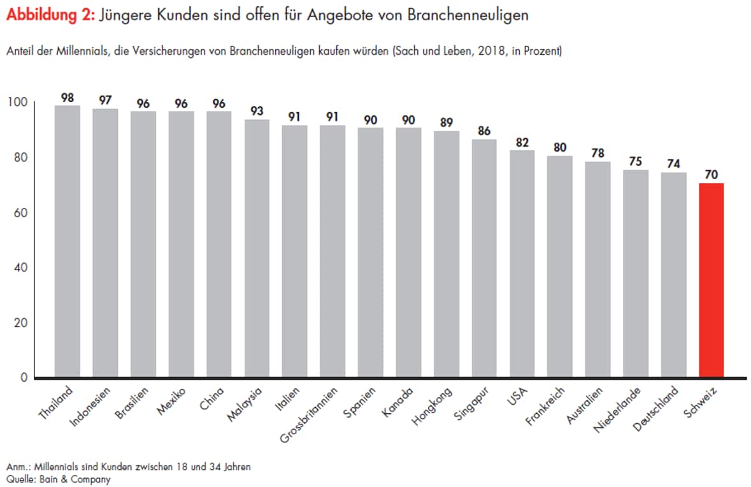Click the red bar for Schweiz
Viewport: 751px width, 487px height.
click(x=711, y=280)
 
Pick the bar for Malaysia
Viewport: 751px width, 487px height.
click(x=257, y=249)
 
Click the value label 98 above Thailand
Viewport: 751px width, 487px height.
click(x=68, y=98)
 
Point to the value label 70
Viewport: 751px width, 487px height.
click(x=711, y=175)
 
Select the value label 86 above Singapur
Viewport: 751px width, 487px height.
click(x=484, y=131)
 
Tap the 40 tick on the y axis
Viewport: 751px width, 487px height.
click(x=20, y=268)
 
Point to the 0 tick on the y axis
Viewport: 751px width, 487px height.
click(x=24, y=378)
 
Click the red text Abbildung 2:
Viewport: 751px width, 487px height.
click(x=50, y=16)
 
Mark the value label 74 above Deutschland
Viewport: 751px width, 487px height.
click(x=673, y=164)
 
